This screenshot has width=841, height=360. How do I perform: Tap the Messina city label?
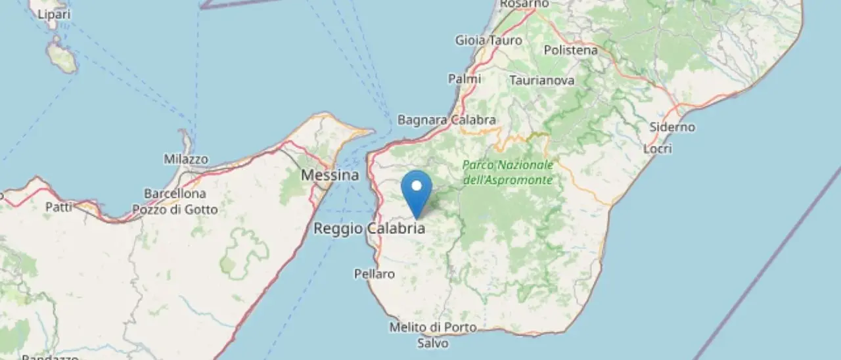[330, 175]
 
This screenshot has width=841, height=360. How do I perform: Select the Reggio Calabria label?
[369, 229]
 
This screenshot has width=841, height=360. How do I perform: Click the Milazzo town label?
[186, 160]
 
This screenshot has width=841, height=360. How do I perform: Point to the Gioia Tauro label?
[489, 40]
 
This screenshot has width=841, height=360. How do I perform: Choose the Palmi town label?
[465, 79]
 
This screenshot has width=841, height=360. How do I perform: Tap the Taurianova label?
[542, 80]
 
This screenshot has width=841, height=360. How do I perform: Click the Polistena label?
[571, 50]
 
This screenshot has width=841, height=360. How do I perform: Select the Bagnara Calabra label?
[447, 120]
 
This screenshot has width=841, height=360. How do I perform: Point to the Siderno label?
[671, 127]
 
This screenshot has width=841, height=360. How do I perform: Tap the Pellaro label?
[375, 273]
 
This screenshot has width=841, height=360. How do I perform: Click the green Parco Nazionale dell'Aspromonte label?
[508, 172]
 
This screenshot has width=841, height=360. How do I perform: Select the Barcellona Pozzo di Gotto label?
[175, 202]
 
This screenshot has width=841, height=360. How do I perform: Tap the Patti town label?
[58, 207]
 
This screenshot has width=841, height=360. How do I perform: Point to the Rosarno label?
[524, 4]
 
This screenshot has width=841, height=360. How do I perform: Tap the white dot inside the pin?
[417, 185]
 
